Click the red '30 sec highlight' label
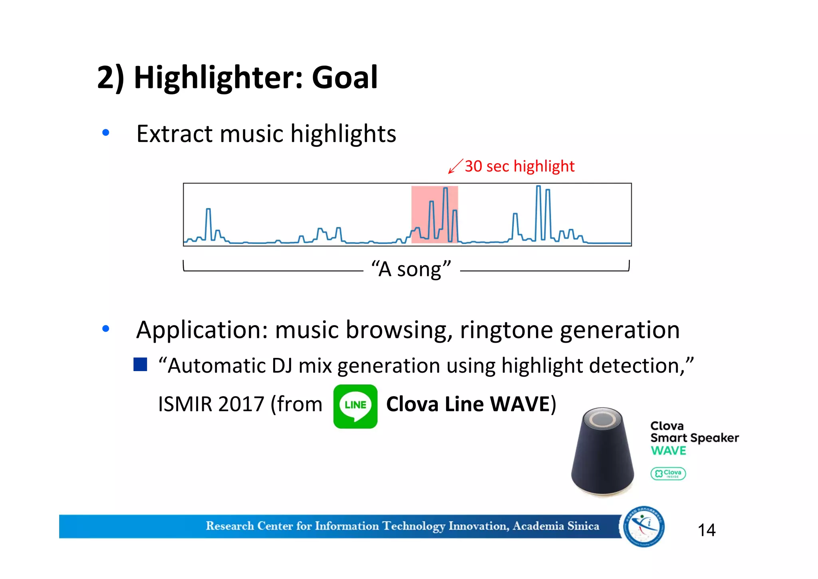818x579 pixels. pyautogui.click(x=519, y=166)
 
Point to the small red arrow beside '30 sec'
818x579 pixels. pyautogui.click(x=455, y=166)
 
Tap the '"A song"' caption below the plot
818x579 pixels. pyautogui.click(x=411, y=269)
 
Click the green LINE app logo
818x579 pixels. pyautogui.click(x=355, y=406)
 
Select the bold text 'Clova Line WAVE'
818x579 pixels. pyautogui.click(x=468, y=404)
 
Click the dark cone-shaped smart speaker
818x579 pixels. pyautogui.click(x=602, y=460)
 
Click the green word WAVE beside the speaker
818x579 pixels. pyautogui.click(x=668, y=451)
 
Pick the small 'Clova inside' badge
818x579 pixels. pyautogui.click(x=668, y=473)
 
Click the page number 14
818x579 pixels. pyautogui.click(x=706, y=530)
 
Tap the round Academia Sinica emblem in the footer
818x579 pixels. pyautogui.click(x=643, y=526)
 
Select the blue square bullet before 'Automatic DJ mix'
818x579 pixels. pyautogui.click(x=140, y=364)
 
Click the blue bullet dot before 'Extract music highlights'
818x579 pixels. pyautogui.click(x=106, y=132)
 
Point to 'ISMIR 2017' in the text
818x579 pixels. pyautogui.click(x=211, y=404)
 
